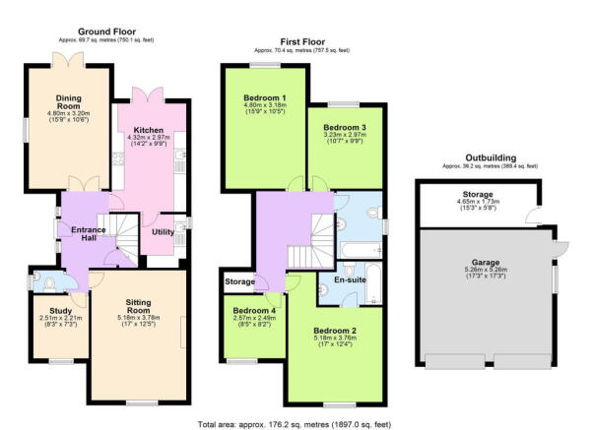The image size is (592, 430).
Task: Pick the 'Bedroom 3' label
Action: tap(342, 128)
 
